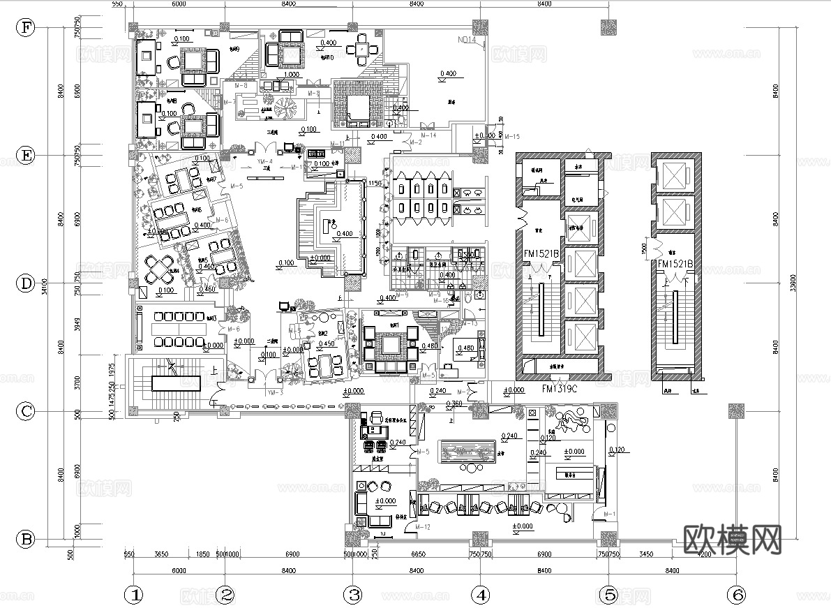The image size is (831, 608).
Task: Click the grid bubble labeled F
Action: [26, 28]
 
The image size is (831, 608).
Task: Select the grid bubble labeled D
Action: [26, 283]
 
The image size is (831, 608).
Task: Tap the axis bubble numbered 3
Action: [354, 595]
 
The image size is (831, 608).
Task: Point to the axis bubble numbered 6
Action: [736, 595]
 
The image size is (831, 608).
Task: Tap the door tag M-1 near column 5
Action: [610, 515]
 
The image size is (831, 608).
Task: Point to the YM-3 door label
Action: [275, 393]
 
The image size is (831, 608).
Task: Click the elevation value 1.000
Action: [292, 73]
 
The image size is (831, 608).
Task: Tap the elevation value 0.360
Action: [454, 403]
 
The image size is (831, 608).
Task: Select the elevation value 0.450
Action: [325, 343]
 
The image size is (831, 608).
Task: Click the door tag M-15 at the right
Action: [511, 135]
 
